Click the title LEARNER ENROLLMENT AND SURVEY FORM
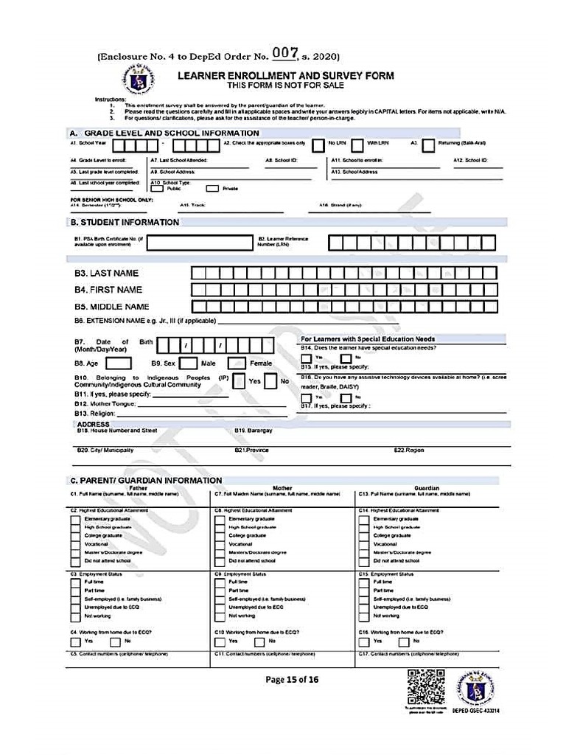[285, 75]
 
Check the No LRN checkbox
[318, 145]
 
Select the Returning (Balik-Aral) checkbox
[428, 145]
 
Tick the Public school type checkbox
[156, 188]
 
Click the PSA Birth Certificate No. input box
[200, 243]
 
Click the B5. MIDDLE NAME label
[111, 307]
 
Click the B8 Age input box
[119, 363]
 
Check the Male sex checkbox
[189, 363]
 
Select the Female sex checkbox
[237, 363]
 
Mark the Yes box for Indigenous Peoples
[240, 381]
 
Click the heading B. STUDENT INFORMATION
[125, 222]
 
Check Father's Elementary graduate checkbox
[75, 519]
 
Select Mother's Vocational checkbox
[220, 544]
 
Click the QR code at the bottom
[425, 686]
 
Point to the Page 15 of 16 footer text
[293, 680]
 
